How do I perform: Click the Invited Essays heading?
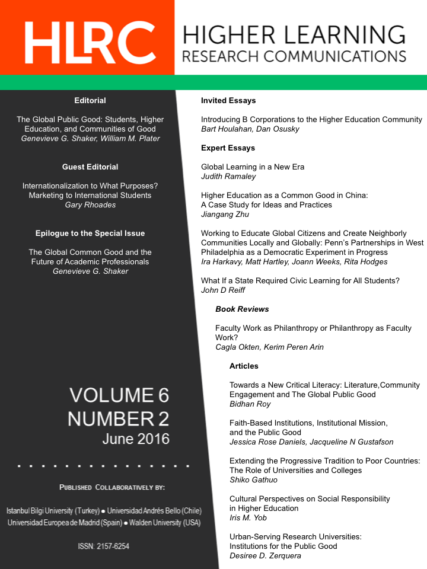click(228, 101)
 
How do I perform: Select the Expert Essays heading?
click(228, 148)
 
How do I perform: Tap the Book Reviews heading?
click(242, 309)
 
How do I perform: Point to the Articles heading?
click(244, 366)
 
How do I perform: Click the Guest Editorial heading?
click(90, 167)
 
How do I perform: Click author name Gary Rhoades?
click(90, 205)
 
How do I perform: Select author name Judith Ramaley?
click(228, 177)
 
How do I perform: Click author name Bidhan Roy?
click(250, 404)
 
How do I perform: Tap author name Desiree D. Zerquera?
click(266, 556)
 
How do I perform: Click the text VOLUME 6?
click(119, 395)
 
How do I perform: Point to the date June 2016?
click(136, 439)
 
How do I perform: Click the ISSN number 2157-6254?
click(104, 546)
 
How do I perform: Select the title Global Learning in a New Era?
click(253, 167)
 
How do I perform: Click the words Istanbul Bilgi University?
click(40, 511)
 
